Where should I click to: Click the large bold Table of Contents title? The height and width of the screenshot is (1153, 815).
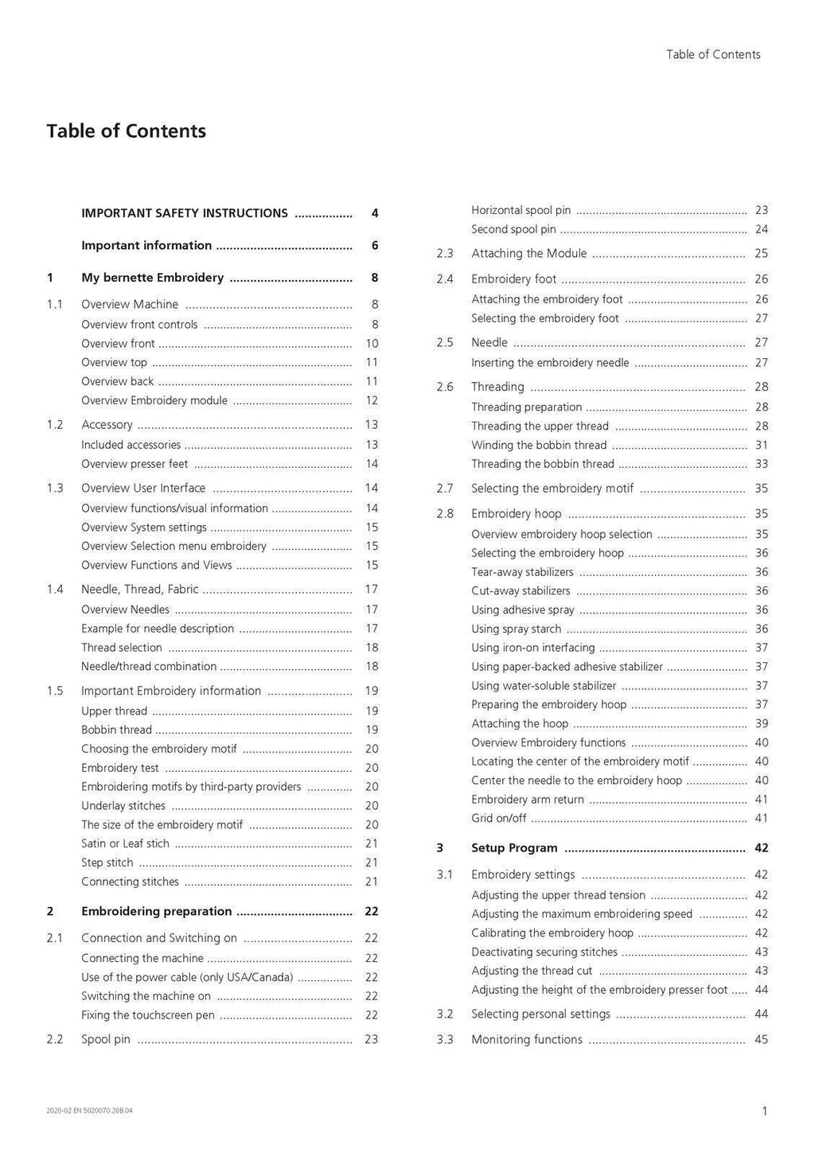coord(126,131)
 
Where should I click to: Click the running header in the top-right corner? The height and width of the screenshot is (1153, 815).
coord(713,54)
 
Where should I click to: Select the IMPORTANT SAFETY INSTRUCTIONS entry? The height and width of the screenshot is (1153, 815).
coord(185,213)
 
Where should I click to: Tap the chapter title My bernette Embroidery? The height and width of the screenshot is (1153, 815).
coord(152,278)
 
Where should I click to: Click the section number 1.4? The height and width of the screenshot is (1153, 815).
coord(55,590)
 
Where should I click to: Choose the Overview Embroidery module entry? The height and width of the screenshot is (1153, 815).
coord(154,400)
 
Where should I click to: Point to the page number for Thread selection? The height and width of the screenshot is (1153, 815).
coord(371,648)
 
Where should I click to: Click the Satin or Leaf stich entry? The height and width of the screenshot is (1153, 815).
coord(125,843)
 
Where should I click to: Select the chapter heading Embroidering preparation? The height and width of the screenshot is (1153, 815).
coord(156,912)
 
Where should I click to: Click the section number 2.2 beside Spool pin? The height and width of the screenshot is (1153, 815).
coord(55,1039)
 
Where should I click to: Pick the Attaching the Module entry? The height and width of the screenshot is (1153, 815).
coord(528,254)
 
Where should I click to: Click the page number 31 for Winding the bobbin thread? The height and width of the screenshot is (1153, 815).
coord(762,445)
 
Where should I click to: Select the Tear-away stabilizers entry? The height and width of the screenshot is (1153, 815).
coord(522,572)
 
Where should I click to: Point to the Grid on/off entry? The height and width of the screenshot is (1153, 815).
coord(499,818)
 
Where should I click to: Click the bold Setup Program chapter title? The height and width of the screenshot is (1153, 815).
coord(514,848)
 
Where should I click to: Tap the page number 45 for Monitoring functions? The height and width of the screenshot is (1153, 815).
coord(762,1039)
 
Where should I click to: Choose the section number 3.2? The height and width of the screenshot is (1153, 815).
coord(445,1014)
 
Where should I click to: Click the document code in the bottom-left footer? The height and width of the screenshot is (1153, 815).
coord(90,1110)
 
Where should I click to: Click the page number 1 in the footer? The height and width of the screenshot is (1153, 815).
coord(765,1112)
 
